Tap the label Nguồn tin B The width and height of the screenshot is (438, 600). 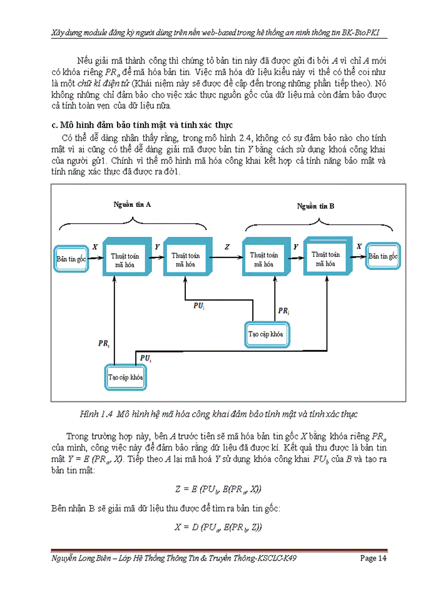point(315,206)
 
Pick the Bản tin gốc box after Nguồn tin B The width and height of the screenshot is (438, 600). point(383,256)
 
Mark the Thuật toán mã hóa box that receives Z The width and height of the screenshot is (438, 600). point(263,257)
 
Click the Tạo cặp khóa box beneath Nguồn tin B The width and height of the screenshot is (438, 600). point(266,334)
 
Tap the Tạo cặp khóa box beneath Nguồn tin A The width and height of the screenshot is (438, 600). point(126,377)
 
